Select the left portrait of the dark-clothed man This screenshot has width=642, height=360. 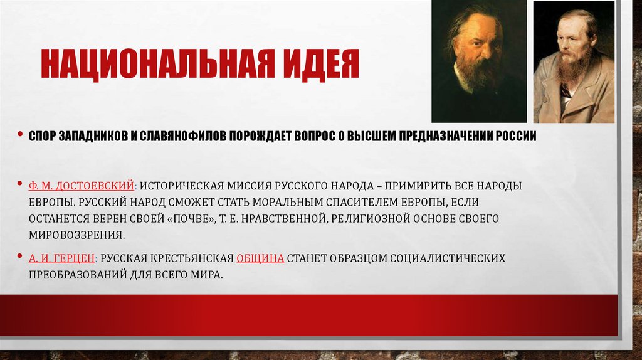point(478,61)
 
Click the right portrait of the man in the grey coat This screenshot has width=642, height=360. point(574,61)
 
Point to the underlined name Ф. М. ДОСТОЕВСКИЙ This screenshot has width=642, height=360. point(82,186)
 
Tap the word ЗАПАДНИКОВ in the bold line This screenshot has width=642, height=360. point(93,137)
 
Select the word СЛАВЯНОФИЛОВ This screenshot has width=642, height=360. point(182,137)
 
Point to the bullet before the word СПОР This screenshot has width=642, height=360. point(21,137)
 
